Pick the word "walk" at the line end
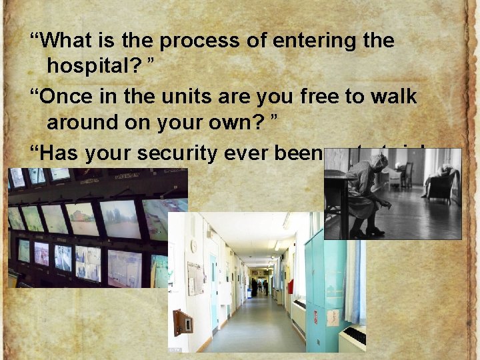[393, 97]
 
